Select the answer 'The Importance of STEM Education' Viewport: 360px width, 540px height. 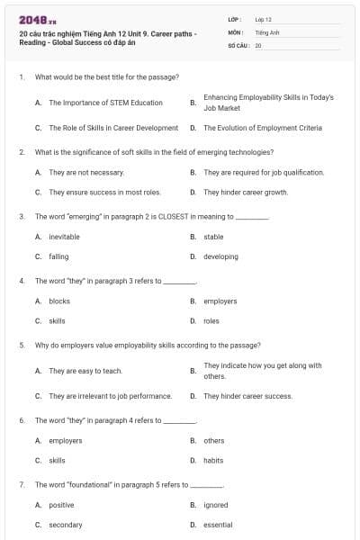105,103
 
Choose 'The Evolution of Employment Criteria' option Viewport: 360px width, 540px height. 262,128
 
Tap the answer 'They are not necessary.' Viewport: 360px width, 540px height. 86,172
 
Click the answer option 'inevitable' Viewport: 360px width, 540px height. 64,237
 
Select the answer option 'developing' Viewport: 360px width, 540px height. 220,256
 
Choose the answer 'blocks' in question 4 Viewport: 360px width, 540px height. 59,301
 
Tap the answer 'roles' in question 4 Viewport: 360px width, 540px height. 211,320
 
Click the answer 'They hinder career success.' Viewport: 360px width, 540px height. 247,396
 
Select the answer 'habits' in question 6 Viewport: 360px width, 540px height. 213,460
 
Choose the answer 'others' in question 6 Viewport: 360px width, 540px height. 214,441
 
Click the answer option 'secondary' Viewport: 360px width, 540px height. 66,525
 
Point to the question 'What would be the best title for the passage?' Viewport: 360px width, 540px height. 106,77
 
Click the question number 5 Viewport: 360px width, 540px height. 21,345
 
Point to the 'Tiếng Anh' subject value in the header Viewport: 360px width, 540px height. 267,31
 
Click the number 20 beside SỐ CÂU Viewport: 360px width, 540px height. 258,44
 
